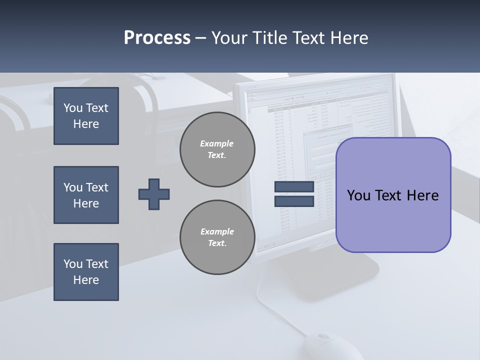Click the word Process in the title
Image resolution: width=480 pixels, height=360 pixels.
point(157,37)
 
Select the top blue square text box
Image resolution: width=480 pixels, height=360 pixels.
point(86,116)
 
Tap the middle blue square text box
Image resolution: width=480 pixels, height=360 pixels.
point(86,195)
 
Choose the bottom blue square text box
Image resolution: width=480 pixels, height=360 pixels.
point(86,272)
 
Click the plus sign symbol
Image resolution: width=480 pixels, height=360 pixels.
point(154,194)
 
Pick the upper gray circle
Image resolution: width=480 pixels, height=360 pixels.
point(217,149)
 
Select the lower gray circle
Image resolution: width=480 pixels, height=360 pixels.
point(217,237)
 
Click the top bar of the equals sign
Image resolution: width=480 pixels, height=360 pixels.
point(294,187)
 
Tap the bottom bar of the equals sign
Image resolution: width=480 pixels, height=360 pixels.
point(294,201)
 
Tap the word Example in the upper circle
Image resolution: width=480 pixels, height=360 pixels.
point(217,143)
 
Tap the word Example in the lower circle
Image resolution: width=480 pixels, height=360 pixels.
point(217,231)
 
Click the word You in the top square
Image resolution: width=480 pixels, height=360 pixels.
point(73,108)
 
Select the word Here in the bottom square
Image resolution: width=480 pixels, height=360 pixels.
point(86,280)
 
